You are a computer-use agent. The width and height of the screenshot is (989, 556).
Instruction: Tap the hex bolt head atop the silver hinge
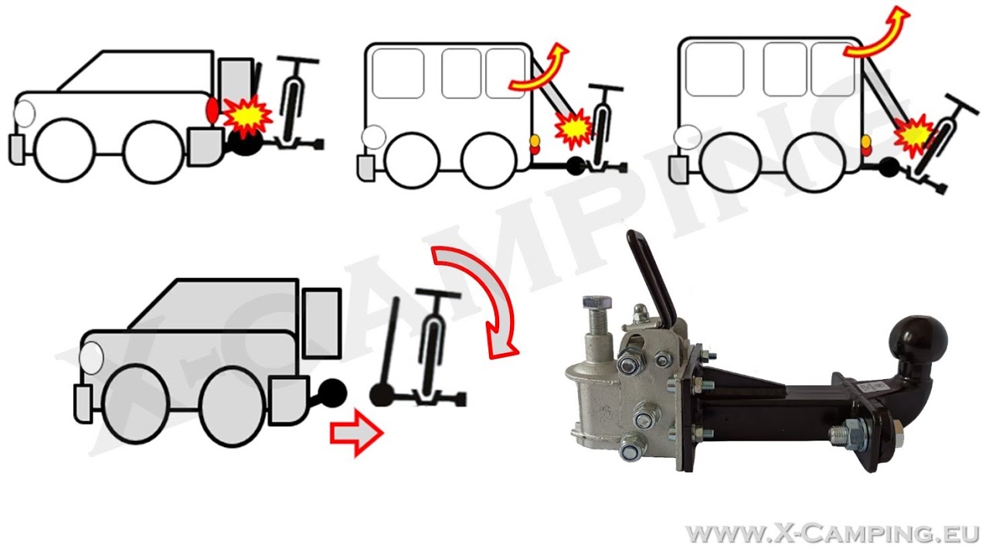pyautogui.click(x=597, y=303)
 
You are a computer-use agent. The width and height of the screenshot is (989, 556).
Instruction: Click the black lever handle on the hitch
pyautogui.click(x=651, y=274)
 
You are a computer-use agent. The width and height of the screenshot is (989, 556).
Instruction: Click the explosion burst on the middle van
pyautogui.click(x=573, y=128)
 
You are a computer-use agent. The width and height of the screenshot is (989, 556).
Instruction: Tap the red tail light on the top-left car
pyautogui.click(x=212, y=110)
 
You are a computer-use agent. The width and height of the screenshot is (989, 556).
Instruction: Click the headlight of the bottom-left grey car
pyautogui.click(x=91, y=358)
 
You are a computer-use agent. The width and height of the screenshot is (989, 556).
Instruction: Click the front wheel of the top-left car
pyautogui.click(x=65, y=150)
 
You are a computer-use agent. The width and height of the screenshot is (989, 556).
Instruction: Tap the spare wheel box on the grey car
pyautogui.click(x=322, y=324)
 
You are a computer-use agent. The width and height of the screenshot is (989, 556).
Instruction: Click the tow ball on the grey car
pyautogui.click(x=332, y=393)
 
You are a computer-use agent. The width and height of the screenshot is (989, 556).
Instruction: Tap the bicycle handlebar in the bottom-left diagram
pyautogui.click(x=438, y=293)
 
